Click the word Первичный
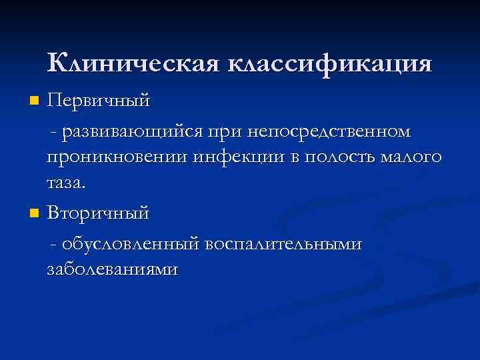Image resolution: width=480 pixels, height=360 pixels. [x=98, y=102]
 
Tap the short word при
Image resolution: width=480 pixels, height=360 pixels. [x=225, y=133]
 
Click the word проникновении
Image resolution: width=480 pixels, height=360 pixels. [x=117, y=158]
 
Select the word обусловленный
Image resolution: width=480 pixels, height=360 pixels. [x=131, y=244]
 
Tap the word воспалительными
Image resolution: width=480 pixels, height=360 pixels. [x=283, y=244]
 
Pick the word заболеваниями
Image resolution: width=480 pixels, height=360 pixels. [x=113, y=269]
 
